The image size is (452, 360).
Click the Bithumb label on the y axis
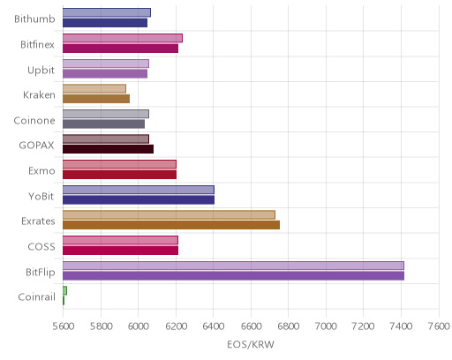34,19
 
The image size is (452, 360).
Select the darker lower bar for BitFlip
233,276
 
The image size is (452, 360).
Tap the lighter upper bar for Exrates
169,214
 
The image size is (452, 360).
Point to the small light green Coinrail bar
64,290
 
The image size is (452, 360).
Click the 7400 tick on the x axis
401,326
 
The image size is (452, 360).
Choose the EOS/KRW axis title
251,345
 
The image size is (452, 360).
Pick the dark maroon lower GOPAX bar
108,149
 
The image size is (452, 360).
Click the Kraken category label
39,95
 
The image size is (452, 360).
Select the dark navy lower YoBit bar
139,200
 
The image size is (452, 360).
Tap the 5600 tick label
63,326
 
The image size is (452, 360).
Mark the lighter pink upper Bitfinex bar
123,38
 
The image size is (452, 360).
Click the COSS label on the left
41,247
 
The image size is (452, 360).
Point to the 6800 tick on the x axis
288,326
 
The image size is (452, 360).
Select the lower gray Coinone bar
103,124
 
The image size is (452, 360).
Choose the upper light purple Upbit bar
106,64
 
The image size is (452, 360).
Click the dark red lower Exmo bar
119,175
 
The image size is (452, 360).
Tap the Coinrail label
37,297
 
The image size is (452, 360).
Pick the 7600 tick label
439,326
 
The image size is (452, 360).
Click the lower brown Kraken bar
96,99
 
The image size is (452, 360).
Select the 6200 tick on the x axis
176,326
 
